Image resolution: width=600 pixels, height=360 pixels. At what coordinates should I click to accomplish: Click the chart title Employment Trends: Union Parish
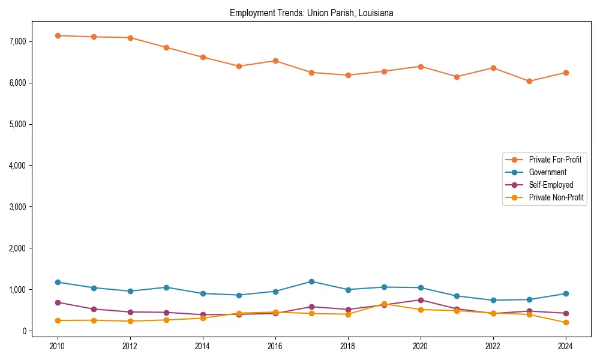(x=311, y=13)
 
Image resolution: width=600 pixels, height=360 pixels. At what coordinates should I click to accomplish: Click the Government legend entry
(x=547, y=172)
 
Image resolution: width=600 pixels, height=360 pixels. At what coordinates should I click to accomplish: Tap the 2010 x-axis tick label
(x=58, y=346)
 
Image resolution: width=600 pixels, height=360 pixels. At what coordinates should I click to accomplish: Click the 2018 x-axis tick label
(x=348, y=346)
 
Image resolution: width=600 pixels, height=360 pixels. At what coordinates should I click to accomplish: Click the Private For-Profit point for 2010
(x=58, y=35)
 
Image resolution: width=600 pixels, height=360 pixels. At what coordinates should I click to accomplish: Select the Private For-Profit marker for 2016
(x=275, y=61)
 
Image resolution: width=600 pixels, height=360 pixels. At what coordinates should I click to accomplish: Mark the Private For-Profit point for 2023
(x=529, y=81)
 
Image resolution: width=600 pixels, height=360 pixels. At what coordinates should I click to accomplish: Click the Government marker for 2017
(x=311, y=281)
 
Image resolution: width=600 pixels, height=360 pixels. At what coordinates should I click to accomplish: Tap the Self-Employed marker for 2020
(x=421, y=300)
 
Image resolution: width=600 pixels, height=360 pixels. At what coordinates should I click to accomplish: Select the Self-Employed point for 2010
(x=58, y=302)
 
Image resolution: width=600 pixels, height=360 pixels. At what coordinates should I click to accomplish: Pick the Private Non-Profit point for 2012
(x=130, y=321)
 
